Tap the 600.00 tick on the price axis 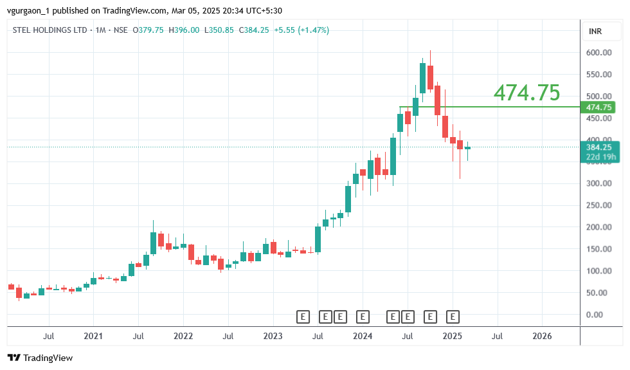pyautogui.click(x=598, y=53)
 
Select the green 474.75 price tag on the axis pyautogui.click(x=599, y=107)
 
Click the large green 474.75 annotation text pyautogui.click(x=526, y=93)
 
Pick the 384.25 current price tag pyautogui.click(x=598, y=147)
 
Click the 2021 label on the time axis pyautogui.click(x=93, y=336)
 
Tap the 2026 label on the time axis pyautogui.click(x=542, y=336)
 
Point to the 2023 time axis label pyautogui.click(x=273, y=336)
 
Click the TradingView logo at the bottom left pyautogui.click(x=40, y=358)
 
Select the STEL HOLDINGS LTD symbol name pyautogui.click(x=51, y=30)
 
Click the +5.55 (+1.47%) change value pyautogui.click(x=301, y=30)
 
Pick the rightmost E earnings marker pyautogui.click(x=453, y=317)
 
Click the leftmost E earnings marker pyautogui.click(x=303, y=317)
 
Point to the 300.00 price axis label pyautogui.click(x=598, y=183)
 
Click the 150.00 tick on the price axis pyautogui.click(x=598, y=249)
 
